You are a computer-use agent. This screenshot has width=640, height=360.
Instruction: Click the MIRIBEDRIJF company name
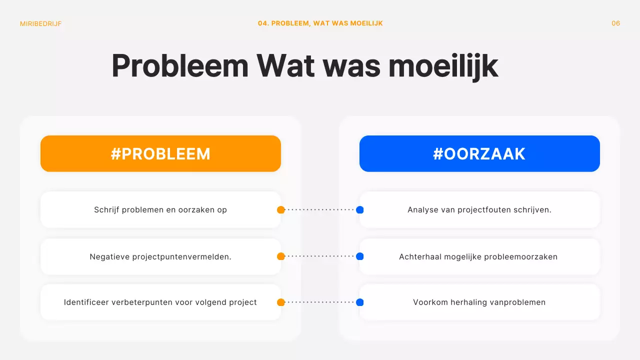pos(41,23)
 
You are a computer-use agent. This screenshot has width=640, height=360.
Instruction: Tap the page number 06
pos(615,23)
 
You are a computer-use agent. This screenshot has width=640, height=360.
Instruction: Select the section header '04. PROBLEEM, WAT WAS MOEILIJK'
pos(320,23)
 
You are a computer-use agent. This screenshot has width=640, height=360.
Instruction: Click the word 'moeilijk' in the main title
pos(443,66)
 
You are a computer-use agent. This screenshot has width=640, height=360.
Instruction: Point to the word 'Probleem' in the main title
pos(179,66)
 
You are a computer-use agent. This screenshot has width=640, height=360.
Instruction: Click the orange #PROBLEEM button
pos(160,153)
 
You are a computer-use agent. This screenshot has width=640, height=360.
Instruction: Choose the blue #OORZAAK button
pos(479,153)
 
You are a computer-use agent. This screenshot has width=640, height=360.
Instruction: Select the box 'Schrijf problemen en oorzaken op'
pos(160,210)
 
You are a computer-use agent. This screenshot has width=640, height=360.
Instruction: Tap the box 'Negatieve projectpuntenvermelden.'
pos(160,256)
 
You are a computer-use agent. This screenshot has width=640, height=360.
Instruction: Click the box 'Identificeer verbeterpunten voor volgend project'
pos(160,302)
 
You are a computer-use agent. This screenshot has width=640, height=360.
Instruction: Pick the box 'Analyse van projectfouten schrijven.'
pos(479,210)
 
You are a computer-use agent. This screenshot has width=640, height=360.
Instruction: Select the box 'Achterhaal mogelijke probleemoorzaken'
pos(479,256)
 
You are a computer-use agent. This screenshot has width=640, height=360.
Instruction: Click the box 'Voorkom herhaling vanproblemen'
pos(479,302)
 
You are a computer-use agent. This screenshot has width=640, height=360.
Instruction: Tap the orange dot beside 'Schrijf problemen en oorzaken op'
pos(281,210)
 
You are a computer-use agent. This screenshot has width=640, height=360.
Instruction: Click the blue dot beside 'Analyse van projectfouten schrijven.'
pos(359,210)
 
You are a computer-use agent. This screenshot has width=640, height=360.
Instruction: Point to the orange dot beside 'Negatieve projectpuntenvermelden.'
pos(281,256)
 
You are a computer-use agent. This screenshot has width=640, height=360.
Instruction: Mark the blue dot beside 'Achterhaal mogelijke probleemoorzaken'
pos(359,256)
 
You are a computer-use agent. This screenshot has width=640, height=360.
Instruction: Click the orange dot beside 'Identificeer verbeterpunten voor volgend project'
pos(281,302)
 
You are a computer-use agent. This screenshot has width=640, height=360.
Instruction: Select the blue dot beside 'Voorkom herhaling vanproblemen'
pos(359,302)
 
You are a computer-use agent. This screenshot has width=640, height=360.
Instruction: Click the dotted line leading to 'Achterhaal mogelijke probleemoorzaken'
pos(320,256)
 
